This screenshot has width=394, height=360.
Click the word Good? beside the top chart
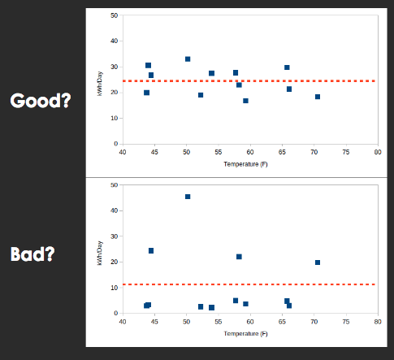point(41,101)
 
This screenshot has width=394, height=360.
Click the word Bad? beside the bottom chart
point(32,254)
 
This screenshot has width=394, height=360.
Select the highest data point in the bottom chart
point(188,197)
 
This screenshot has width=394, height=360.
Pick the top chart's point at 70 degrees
point(318,97)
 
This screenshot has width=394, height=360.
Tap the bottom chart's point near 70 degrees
point(318,262)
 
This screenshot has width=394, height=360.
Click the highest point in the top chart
point(188,59)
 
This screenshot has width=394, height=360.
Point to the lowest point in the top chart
point(245,101)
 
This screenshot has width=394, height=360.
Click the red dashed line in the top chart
point(249,81)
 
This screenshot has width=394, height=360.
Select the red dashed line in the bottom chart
point(249,284)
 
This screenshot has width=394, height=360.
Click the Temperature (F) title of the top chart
point(245,164)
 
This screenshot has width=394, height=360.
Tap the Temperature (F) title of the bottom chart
point(245,333)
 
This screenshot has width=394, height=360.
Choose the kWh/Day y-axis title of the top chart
point(100,84)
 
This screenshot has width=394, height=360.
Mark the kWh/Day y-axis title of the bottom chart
point(100,253)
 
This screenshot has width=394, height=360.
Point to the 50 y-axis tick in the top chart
point(115,15)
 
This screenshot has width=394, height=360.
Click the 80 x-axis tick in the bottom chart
point(378,322)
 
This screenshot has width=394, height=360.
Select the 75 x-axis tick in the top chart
point(346,152)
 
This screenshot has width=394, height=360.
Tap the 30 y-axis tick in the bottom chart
point(115,236)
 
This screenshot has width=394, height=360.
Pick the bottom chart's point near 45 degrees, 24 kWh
point(151,251)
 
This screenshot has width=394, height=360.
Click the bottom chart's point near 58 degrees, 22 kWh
point(239,257)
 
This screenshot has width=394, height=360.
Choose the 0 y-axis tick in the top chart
point(116,144)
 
